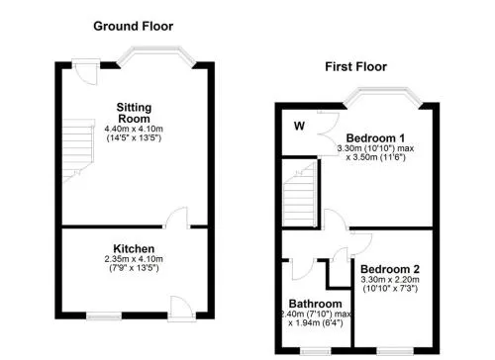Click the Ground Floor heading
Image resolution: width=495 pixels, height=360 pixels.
[x=133, y=27]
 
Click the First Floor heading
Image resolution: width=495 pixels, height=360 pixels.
[x=355, y=67]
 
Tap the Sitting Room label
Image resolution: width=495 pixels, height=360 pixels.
[x=134, y=113]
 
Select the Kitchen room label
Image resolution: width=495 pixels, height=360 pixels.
[x=134, y=248]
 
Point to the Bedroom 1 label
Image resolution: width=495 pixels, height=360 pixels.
[x=375, y=137]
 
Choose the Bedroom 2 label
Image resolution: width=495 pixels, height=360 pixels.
[x=390, y=269]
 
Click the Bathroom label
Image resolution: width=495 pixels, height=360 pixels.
[x=315, y=304]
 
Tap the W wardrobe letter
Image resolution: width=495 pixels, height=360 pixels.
[x=299, y=126]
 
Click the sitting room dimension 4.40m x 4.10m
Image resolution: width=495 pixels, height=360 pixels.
[x=134, y=129]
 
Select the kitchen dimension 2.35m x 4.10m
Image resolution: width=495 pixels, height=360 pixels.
[x=134, y=259]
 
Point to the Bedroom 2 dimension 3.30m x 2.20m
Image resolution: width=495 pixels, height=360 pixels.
[x=390, y=280]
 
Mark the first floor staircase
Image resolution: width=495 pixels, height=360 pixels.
[x=300, y=195]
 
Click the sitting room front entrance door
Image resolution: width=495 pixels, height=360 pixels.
[x=85, y=72]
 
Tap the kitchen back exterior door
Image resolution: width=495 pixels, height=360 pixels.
[x=182, y=309]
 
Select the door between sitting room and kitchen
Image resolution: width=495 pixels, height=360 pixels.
[x=177, y=218]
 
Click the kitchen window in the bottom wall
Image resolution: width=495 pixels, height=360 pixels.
[x=104, y=316]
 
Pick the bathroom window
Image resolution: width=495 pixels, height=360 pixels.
[x=315, y=351]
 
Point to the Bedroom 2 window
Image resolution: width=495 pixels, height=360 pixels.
[x=395, y=351]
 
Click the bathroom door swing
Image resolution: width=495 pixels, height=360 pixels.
[x=303, y=269]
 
